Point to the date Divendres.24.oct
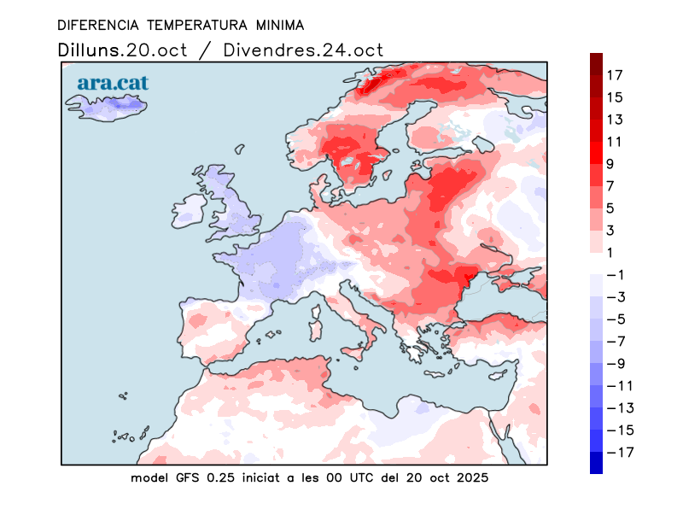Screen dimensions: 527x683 click(303, 49)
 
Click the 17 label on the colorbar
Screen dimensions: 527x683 click(615, 75)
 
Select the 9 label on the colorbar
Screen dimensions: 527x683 click(611, 164)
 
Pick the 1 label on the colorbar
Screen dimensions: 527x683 click(611, 252)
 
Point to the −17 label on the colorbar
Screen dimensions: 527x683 click(619, 452)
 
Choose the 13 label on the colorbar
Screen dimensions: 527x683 click(615, 120)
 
